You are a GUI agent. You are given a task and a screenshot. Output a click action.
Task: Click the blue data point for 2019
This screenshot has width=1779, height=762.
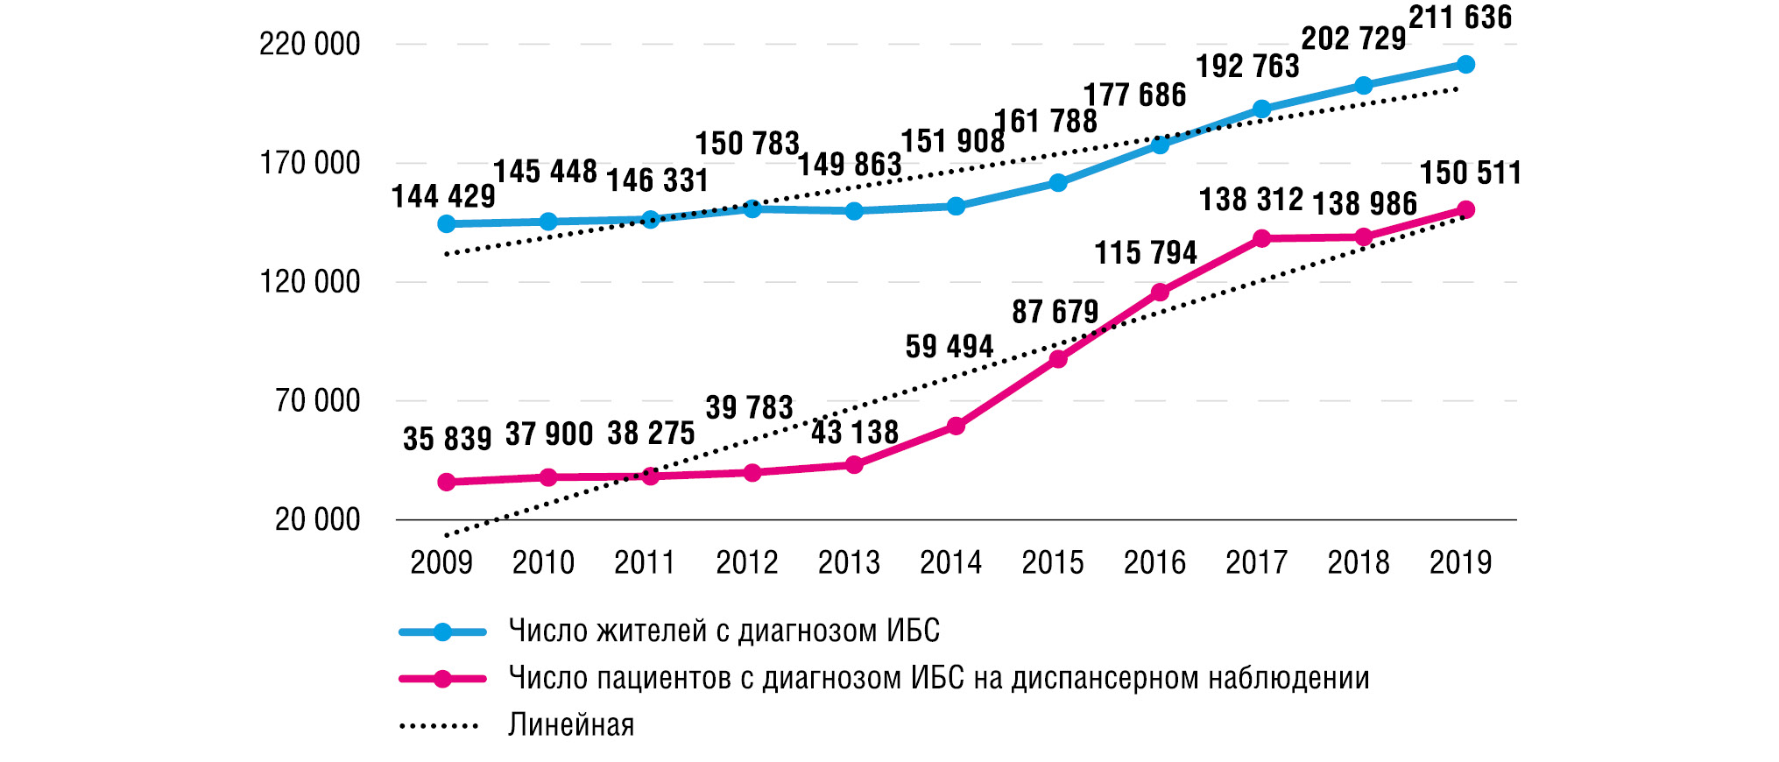click(1465, 65)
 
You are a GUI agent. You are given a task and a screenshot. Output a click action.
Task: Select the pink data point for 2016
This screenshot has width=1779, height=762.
click(1160, 293)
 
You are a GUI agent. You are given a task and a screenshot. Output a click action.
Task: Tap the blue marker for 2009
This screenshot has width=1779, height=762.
click(446, 224)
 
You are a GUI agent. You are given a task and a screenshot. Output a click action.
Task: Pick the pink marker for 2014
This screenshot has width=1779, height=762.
click(956, 427)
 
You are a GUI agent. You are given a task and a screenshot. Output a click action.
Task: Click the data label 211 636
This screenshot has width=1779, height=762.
click(1460, 18)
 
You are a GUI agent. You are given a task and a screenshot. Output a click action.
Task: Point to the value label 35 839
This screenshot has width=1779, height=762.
click(447, 439)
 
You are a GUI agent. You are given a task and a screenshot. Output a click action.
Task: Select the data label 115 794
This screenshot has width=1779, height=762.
click(1145, 253)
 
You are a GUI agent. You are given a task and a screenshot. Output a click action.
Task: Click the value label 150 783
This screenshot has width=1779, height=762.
click(747, 144)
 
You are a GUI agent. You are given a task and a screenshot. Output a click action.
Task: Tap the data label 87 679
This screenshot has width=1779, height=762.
click(1055, 312)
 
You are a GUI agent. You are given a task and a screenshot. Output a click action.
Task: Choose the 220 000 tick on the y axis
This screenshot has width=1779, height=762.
click(309, 44)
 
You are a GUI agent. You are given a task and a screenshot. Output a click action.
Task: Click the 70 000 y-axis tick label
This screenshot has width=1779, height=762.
click(317, 401)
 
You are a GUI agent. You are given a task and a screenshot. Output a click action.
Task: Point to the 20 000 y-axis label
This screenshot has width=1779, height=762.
click(317, 519)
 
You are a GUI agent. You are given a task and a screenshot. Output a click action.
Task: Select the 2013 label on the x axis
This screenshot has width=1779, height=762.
click(849, 562)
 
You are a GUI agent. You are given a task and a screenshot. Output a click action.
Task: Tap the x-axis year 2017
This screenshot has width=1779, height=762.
click(1256, 562)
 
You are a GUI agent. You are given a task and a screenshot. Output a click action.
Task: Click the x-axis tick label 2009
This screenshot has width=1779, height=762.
click(441, 562)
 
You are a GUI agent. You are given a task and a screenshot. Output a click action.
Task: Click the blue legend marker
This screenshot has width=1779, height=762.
click(442, 631)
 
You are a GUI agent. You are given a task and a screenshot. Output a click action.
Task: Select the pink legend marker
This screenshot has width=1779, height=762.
click(442, 679)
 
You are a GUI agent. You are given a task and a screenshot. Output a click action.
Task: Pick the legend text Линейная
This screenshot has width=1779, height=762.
click(571, 725)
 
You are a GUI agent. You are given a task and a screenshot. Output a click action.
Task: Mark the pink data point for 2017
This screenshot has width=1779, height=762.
click(1261, 239)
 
